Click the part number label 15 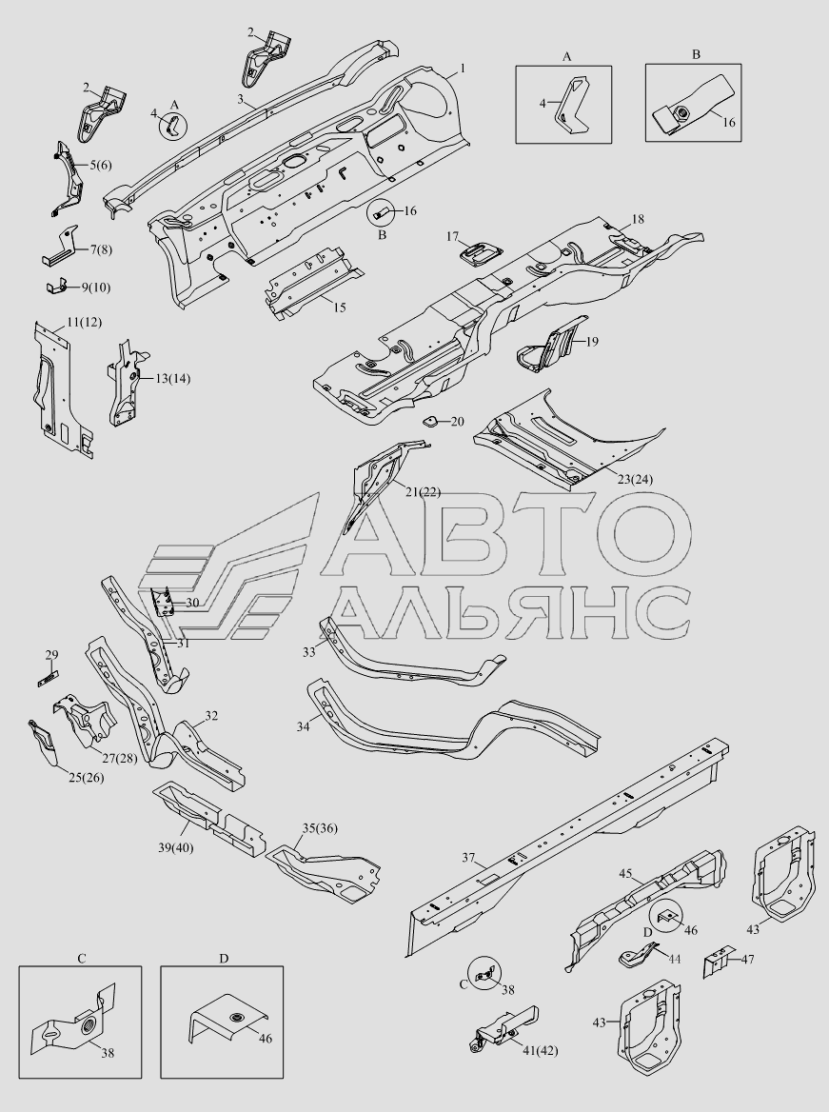tap(339, 308)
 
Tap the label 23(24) tap(635, 480)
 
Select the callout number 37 tap(468, 858)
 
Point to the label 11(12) tap(85, 322)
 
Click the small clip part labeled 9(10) tap(57, 287)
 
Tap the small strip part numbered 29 tap(48, 678)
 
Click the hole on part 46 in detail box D tap(233, 1019)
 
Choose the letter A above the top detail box tap(566, 57)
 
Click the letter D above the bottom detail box tap(224, 959)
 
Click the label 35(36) tap(320, 828)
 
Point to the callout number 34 tap(304, 727)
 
